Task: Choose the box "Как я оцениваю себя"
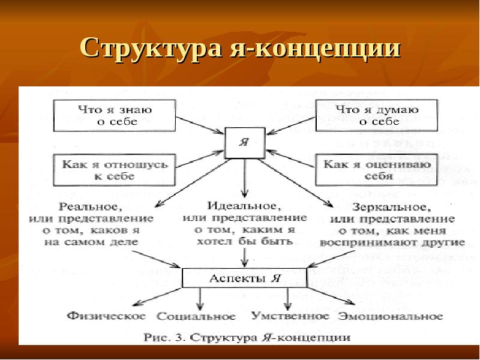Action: click(377, 170)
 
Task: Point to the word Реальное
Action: click(90, 206)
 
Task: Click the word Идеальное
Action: click(244, 205)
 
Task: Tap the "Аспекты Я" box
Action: click(245, 278)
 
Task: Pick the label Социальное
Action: click(196, 316)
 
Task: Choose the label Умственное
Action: click(290, 315)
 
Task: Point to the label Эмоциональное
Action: click(391, 316)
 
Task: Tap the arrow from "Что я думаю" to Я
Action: click(289, 125)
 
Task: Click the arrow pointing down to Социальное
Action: click(199, 299)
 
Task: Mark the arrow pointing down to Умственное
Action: click(288, 298)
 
